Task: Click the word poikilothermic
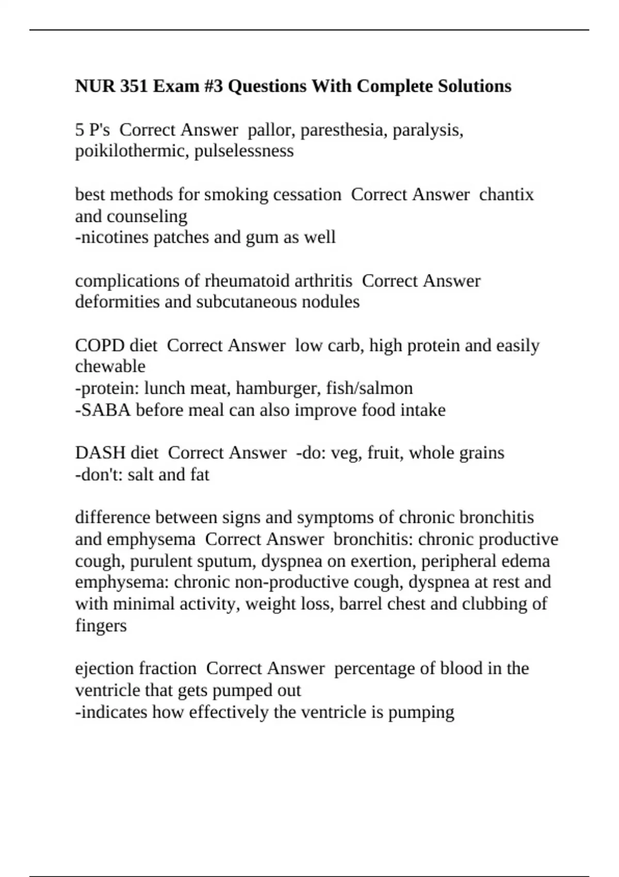pyautogui.click(x=132, y=151)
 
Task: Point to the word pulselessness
pyautogui.click(x=244, y=151)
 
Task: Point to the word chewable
pyautogui.click(x=110, y=366)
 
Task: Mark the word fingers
pyautogui.click(x=101, y=625)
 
